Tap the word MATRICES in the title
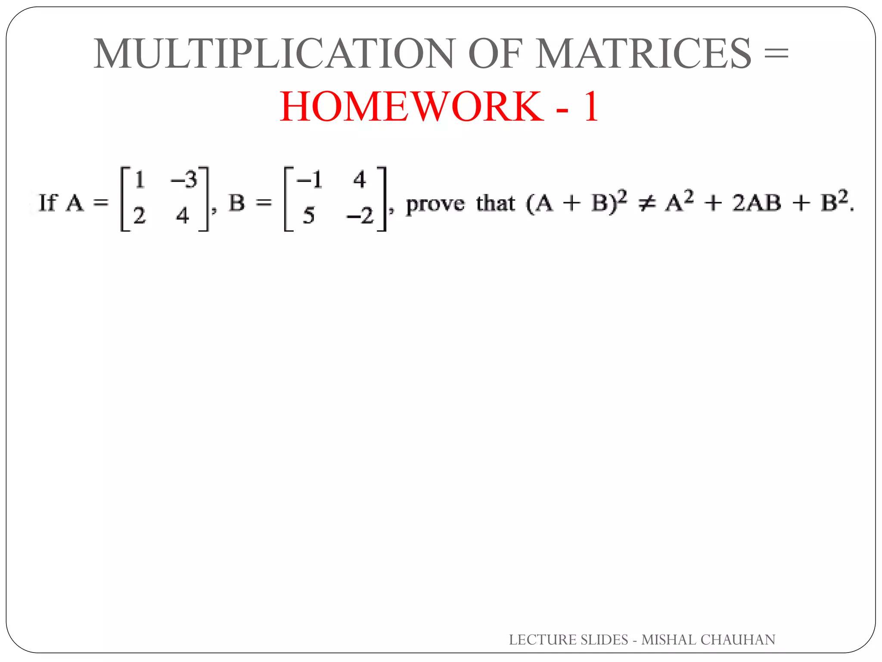pos(643,53)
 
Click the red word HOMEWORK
pos(412,106)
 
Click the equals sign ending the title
pos(775,54)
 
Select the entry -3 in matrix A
pos(184,179)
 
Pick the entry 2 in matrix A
pos(139,215)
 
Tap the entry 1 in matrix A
pos(140,179)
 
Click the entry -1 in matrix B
pos(309,179)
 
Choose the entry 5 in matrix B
pos(308,215)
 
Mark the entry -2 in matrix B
pos(360,215)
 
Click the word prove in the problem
pos(435,204)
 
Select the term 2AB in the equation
pos(757,203)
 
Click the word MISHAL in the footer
pos(668,640)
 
